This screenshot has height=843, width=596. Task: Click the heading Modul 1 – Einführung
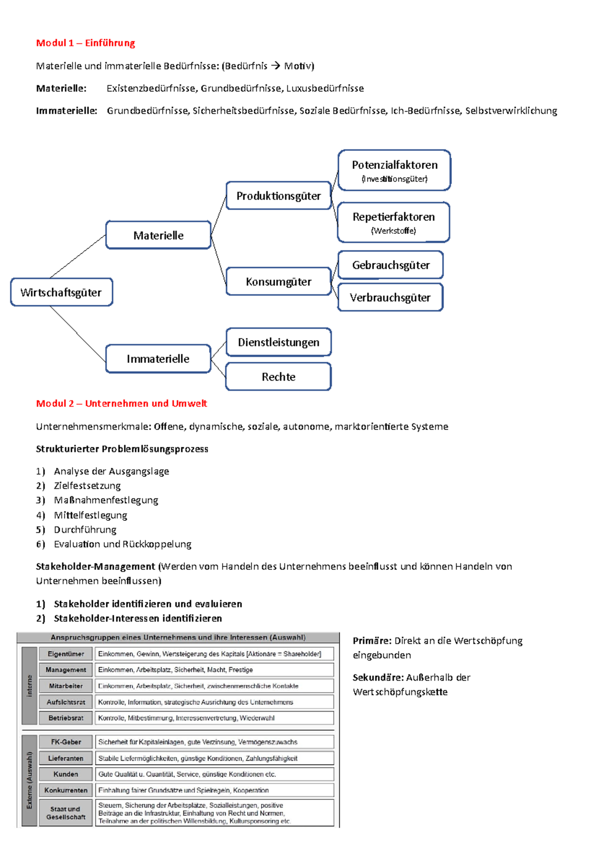pos(85,43)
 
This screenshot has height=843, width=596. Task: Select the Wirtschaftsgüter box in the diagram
pos(61,292)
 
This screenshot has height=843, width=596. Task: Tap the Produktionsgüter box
pos(278,196)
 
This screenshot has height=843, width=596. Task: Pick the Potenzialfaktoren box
pos(394,170)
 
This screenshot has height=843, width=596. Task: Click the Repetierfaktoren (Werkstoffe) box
pos(393,222)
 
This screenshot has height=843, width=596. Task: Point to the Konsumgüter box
pos(278,281)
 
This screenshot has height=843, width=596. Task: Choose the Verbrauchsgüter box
pos(390,297)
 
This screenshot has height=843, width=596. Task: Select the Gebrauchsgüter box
pos(390,265)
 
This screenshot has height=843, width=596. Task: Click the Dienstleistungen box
pos(278,342)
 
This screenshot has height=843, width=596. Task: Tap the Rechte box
pos(278,377)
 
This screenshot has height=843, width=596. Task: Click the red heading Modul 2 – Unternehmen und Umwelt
pos(121,404)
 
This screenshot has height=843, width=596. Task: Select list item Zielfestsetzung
pos(87,486)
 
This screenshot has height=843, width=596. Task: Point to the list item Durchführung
pos(85,530)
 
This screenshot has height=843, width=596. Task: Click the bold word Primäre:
pos(372,641)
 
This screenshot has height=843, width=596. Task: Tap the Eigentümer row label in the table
pos(66,654)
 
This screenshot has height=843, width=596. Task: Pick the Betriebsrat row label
pos(66,718)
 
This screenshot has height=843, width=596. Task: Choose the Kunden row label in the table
pos(66,774)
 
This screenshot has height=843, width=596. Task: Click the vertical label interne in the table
pos(29,686)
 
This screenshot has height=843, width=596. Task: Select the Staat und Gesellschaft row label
pos(66,813)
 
